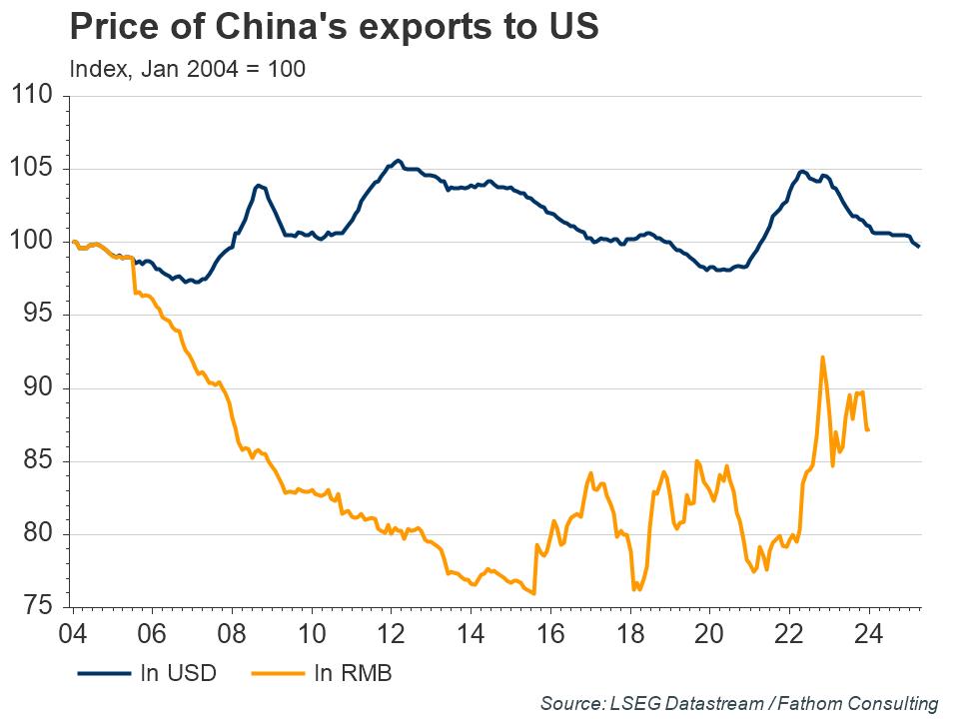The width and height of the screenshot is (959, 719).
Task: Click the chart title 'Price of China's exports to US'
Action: coord(334,26)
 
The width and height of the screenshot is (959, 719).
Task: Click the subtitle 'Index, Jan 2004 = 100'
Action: coord(187,69)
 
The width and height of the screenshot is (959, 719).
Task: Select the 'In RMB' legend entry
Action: coord(353,674)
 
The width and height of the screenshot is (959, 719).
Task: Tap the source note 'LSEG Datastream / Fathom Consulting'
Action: coord(739,703)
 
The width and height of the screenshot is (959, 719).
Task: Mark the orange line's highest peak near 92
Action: coord(822,358)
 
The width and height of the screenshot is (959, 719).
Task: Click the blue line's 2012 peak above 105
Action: coord(398,161)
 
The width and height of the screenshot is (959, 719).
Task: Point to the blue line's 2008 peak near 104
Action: coord(258,185)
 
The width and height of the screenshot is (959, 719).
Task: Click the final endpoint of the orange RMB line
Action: coord(868,430)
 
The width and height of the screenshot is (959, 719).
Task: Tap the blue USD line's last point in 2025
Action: coord(919,246)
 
